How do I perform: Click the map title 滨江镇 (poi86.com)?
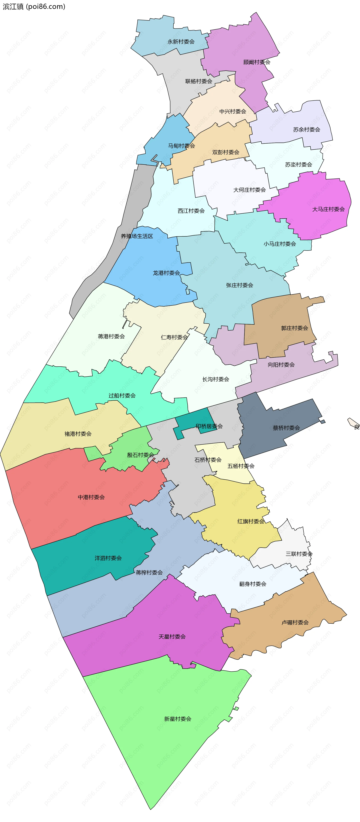(x=34, y=6)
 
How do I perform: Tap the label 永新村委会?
(x=181, y=41)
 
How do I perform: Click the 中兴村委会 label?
(x=233, y=111)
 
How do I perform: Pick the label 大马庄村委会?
(x=328, y=209)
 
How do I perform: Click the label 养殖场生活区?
(x=137, y=236)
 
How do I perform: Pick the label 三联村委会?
(x=299, y=554)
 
